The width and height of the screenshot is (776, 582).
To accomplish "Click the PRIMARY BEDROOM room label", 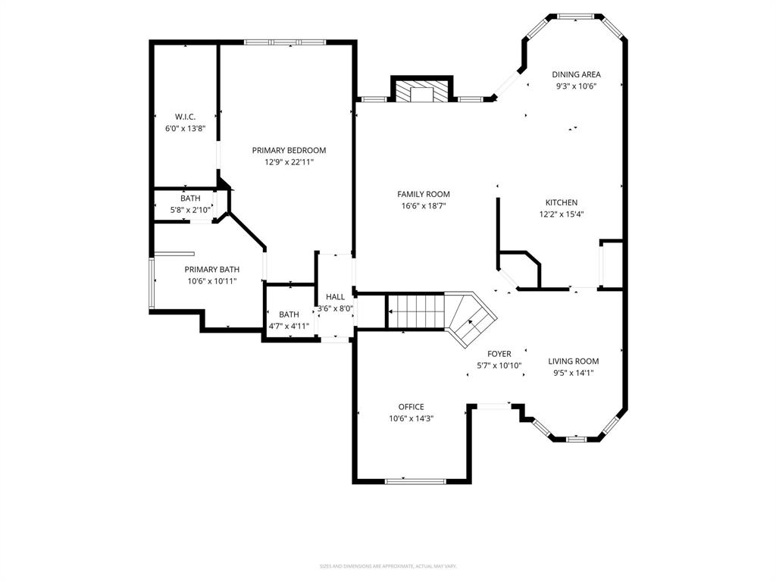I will [289, 150].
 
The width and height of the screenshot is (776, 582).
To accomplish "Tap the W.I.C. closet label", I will [185, 117].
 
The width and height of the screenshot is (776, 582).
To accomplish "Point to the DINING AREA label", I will [576, 74].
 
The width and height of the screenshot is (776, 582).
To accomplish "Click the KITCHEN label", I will [561, 202].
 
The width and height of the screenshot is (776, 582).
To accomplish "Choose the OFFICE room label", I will [411, 407].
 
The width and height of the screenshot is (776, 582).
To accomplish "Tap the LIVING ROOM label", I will [573, 361].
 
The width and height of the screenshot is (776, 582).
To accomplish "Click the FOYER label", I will [499, 354].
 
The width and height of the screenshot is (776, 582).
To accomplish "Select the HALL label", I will [335, 297].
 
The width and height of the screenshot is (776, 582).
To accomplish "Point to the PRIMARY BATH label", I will [212, 269].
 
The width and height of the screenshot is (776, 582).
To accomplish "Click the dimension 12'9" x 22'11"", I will [289, 162].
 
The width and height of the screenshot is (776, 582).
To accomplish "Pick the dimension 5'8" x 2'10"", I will [190, 211].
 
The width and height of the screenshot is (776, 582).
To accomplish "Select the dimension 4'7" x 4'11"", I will [289, 327].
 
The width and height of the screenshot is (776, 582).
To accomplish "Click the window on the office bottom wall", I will [415, 480].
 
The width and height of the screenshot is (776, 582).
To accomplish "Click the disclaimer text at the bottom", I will [388, 566].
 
